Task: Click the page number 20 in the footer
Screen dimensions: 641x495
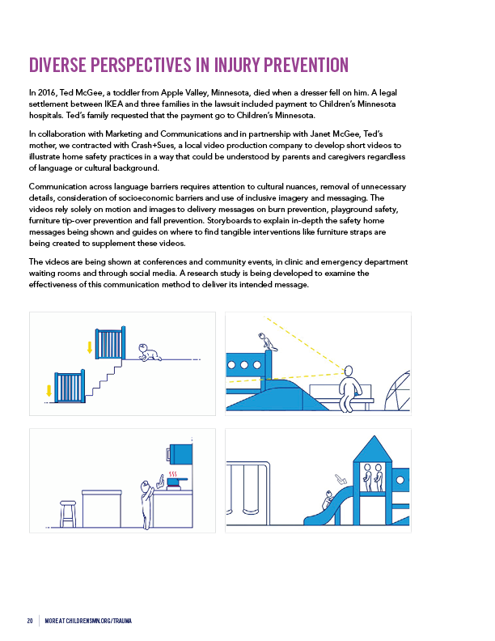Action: coord(30,621)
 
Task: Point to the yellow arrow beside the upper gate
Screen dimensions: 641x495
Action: coord(89,349)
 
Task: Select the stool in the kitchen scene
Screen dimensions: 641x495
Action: coord(68,512)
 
